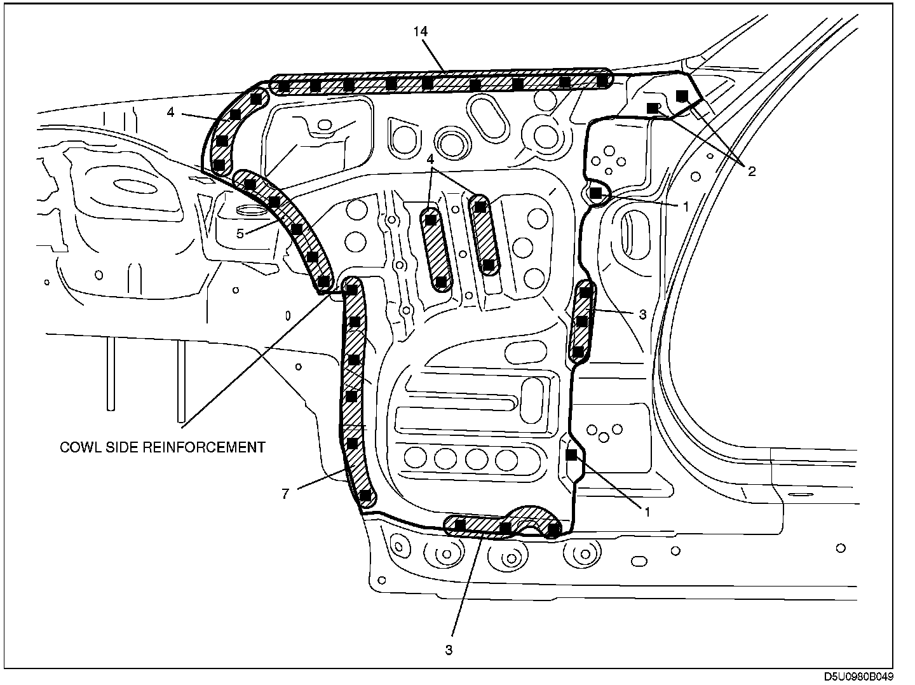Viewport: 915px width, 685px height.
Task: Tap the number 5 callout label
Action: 240,233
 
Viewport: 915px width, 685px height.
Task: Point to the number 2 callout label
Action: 752,172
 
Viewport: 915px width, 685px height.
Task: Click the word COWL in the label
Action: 76,447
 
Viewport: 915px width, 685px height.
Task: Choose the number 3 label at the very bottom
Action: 449,650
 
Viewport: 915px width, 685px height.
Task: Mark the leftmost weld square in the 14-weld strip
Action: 285,86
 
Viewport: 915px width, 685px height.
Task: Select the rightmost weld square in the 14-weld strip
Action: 602,81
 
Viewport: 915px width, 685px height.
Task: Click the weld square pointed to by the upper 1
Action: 595,192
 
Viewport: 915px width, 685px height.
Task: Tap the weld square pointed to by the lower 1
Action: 571,454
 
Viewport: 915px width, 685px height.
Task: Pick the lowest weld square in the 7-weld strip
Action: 365,495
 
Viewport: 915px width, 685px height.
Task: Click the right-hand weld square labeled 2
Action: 681,95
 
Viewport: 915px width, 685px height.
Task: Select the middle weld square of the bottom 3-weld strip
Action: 505,527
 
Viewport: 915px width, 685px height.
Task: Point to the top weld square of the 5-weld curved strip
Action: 250,184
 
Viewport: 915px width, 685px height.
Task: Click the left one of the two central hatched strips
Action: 437,249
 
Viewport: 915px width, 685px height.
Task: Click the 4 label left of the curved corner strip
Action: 170,112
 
